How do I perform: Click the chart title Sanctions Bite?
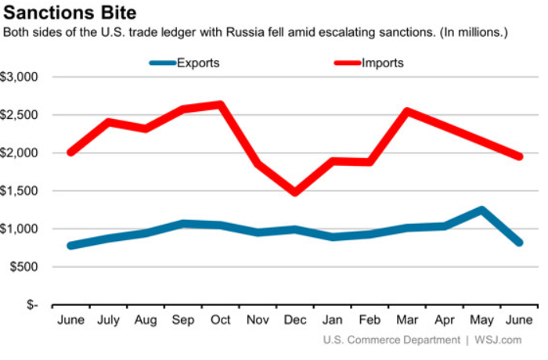click(70, 13)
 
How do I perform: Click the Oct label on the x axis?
click(220, 321)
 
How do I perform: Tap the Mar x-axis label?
click(407, 321)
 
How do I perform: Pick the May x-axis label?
click(481, 321)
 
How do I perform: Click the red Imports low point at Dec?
click(295, 192)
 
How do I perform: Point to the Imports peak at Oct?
click(221, 105)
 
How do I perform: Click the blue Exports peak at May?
click(481, 210)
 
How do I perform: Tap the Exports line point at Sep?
click(183, 224)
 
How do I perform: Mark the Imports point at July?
click(109, 122)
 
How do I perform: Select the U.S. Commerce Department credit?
click(391, 340)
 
